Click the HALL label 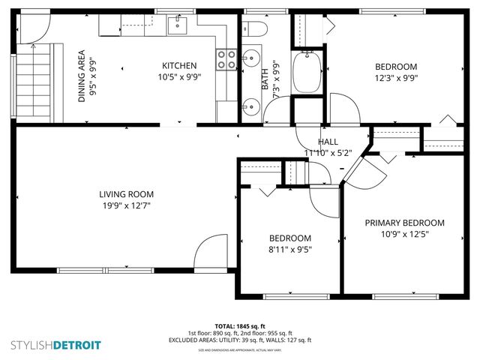[328, 142]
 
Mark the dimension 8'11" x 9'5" [290, 250]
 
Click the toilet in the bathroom [253, 31]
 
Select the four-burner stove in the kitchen [224, 59]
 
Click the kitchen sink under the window [178, 28]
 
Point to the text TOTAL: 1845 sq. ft [239, 326]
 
